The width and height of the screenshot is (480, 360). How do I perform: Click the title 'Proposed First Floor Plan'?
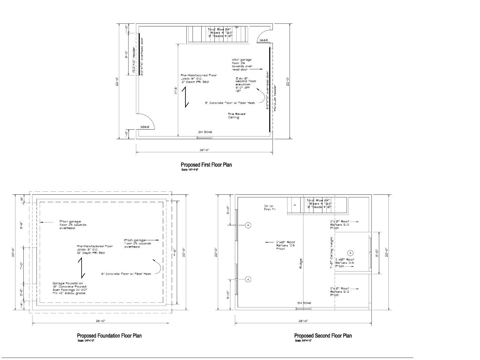click(x=206, y=165)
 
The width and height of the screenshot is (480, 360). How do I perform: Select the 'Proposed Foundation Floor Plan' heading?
click(x=109, y=336)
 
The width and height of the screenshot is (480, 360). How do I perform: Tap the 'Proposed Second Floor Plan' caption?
click(x=323, y=336)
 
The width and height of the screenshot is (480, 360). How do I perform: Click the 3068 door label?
click(x=145, y=127)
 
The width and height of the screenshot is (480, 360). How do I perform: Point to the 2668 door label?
click(x=264, y=40)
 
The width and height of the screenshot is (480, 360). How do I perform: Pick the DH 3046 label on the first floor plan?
click(x=205, y=132)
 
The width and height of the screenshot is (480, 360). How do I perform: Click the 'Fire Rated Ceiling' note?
click(x=236, y=116)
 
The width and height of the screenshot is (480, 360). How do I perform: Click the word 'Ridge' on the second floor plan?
click(x=301, y=264)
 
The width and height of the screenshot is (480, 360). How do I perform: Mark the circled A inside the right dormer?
click(x=350, y=253)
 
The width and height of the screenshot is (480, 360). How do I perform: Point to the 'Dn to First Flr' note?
click(x=269, y=208)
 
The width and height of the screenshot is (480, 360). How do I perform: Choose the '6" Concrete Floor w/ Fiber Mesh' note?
click(x=126, y=274)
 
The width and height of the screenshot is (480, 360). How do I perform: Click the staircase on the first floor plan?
click(x=218, y=34)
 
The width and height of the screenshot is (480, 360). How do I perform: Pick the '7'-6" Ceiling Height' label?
click(x=331, y=253)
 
